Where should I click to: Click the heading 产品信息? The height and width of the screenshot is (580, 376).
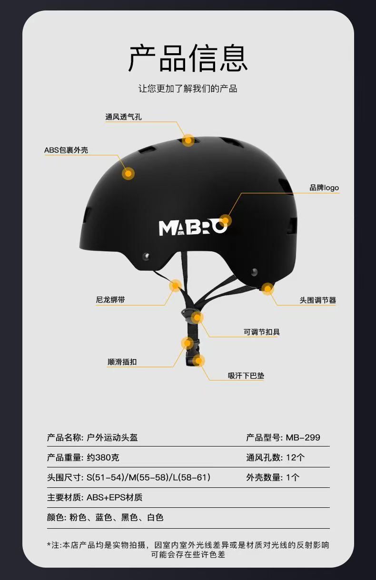[188, 59]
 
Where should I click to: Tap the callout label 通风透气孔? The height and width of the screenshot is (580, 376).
[123, 117]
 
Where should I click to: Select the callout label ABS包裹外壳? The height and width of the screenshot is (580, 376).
[66, 151]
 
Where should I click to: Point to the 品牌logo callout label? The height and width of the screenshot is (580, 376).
[324, 188]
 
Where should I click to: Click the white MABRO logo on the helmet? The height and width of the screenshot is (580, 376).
[192, 228]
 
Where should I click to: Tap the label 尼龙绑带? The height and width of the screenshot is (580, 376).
[110, 300]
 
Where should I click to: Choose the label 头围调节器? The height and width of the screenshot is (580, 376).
[317, 300]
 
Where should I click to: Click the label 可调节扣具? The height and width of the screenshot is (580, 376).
[262, 332]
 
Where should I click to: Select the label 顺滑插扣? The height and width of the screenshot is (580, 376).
[122, 362]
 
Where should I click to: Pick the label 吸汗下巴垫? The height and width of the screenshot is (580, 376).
[246, 376]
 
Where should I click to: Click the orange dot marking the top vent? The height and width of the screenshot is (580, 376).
[188, 140]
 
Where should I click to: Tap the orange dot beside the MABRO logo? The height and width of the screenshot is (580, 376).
[226, 220]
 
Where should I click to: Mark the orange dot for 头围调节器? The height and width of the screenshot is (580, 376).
[267, 288]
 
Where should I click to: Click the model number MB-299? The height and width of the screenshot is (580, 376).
[303, 437]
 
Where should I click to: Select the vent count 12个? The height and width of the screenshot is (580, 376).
[295, 457]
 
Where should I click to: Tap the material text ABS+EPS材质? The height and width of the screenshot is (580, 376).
[114, 497]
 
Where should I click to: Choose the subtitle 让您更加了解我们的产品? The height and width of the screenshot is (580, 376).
[188, 89]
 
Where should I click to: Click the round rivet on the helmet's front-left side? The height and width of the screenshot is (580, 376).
[146, 257]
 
